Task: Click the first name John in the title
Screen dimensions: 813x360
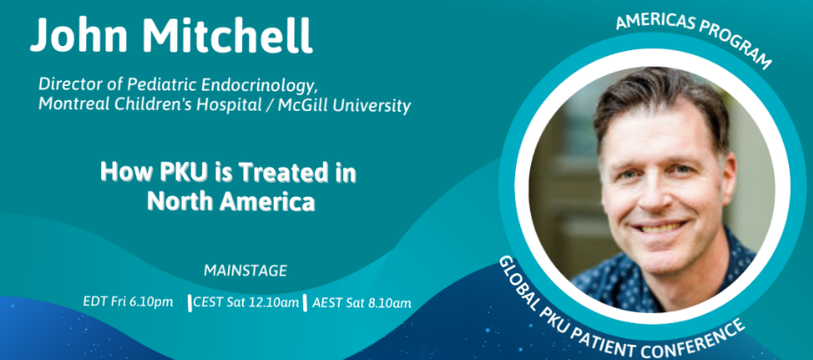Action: [x=79, y=35]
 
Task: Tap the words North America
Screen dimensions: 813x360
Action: [x=231, y=201]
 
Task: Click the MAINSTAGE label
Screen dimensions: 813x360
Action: [x=246, y=270]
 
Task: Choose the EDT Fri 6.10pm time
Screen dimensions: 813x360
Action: [x=128, y=301]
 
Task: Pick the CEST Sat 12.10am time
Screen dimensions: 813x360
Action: [x=246, y=302]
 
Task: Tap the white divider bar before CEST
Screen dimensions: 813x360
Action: [x=190, y=303]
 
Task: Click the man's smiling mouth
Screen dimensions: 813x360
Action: [x=661, y=227]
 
